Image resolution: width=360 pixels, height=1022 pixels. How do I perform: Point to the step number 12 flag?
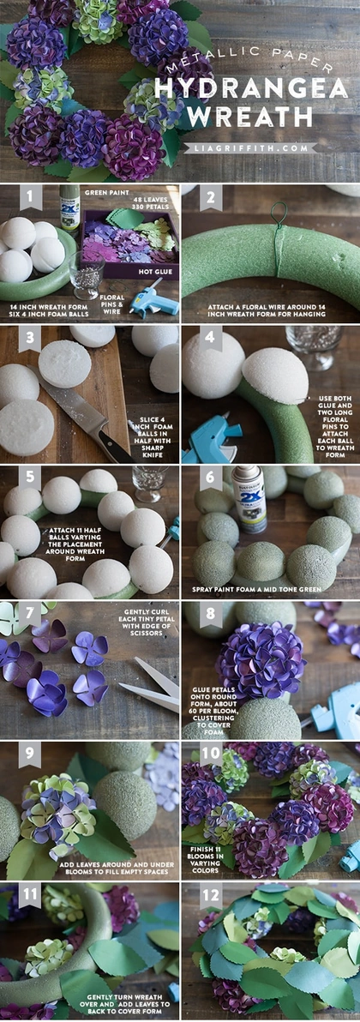(211, 895)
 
